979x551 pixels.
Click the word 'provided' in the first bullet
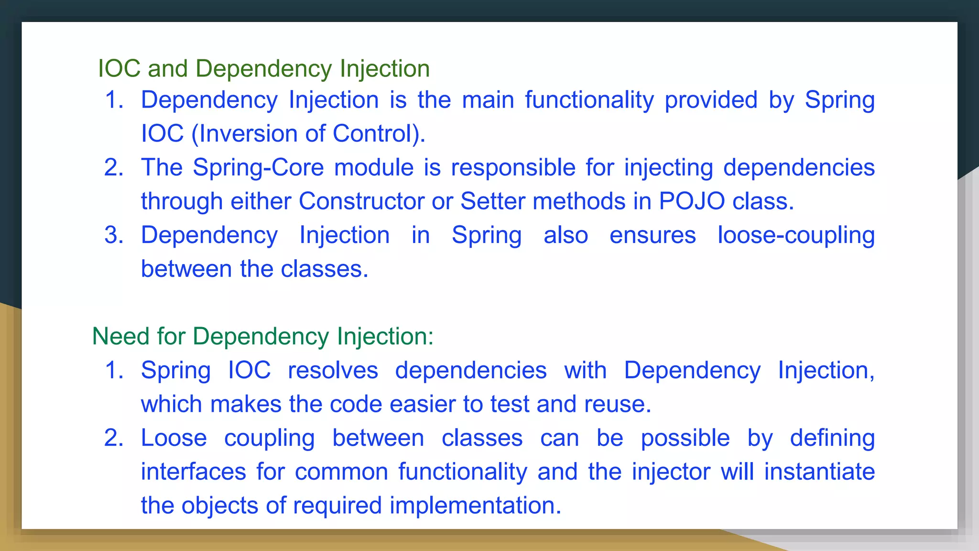tap(711, 100)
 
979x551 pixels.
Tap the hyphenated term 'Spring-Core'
tap(258, 168)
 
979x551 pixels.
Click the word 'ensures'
tap(653, 235)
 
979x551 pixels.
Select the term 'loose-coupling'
tap(796, 235)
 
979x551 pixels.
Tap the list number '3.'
tap(114, 235)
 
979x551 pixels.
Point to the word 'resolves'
tap(333, 371)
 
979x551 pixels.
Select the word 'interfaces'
tap(193, 472)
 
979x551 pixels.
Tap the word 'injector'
tap(671, 472)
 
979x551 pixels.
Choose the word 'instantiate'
tap(819, 472)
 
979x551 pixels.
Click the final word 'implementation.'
tap(475, 506)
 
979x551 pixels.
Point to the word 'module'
tap(374, 168)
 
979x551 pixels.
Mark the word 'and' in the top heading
tap(167, 68)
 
